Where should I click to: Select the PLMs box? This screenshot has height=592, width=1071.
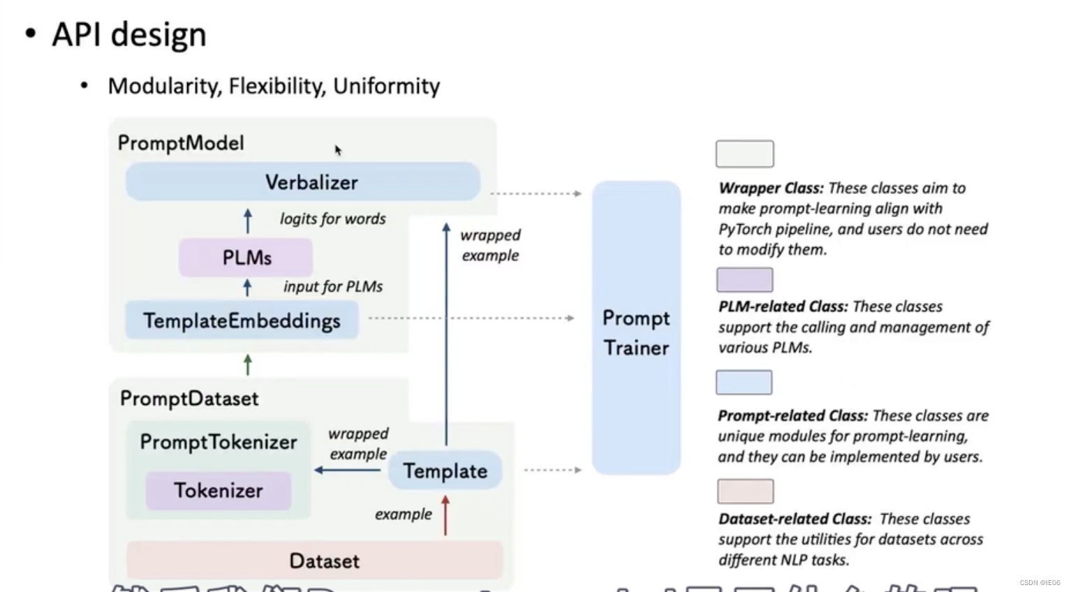pyautogui.click(x=246, y=258)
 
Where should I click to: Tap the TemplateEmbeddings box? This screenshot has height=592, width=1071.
pyautogui.click(x=242, y=320)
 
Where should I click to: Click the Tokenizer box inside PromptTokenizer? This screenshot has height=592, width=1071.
pyautogui.click(x=218, y=490)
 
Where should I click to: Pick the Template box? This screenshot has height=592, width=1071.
pyautogui.click(x=445, y=471)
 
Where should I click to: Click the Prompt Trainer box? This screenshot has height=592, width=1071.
pyautogui.click(x=636, y=328)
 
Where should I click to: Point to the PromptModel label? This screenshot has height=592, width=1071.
pyautogui.click(x=181, y=143)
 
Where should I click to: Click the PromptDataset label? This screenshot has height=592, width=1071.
pyautogui.click(x=189, y=399)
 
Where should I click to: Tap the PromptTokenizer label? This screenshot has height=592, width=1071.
pyautogui.click(x=218, y=442)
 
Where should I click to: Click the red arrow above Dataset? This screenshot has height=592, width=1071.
pyautogui.click(x=445, y=515)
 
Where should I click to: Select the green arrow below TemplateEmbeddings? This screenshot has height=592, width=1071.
pyautogui.click(x=248, y=364)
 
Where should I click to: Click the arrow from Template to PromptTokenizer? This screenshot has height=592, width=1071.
pyautogui.click(x=348, y=470)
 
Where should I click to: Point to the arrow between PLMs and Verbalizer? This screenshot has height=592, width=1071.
pyautogui.click(x=248, y=220)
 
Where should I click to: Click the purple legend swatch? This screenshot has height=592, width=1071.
pyautogui.click(x=744, y=280)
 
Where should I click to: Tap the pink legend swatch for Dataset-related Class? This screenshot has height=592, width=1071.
pyautogui.click(x=745, y=491)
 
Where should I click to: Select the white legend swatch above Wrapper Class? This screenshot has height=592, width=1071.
pyautogui.click(x=744, y=154)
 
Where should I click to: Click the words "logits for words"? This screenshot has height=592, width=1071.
pyautogui.click(x=332, y=219)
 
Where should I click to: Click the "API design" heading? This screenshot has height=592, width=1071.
pyautogui.click(x=129, y=34)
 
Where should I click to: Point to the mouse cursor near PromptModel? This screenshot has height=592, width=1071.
pyautogui.click(x=337, y=149)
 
